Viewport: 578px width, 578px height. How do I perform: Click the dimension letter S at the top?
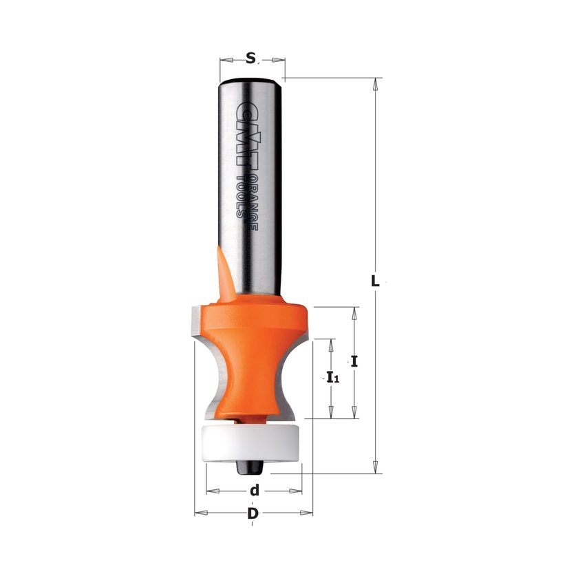pos(250,58)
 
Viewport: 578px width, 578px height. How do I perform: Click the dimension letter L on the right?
pos(375,281)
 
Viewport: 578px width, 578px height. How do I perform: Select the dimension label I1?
pos(333,378)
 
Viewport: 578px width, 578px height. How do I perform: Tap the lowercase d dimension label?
pos(255,490)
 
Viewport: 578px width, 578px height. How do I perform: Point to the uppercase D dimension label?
pos(253,513)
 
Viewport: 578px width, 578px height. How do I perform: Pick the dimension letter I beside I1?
pos(354,361)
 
